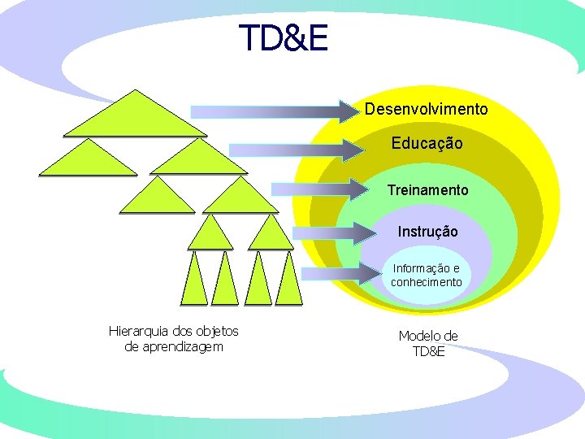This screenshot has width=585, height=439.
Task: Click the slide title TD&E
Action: pos(284,38)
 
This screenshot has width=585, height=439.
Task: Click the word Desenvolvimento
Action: pos(426,109)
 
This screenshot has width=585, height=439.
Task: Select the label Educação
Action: pos(427,144)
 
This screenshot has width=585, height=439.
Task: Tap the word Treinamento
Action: pos(427,190)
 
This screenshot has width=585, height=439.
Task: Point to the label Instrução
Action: pos(427,232)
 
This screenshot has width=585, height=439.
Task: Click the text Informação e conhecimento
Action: pos(426,276)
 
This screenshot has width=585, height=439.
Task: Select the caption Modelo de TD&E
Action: pos(428,344)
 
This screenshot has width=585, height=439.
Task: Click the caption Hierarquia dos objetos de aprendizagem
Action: pos(173,339)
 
